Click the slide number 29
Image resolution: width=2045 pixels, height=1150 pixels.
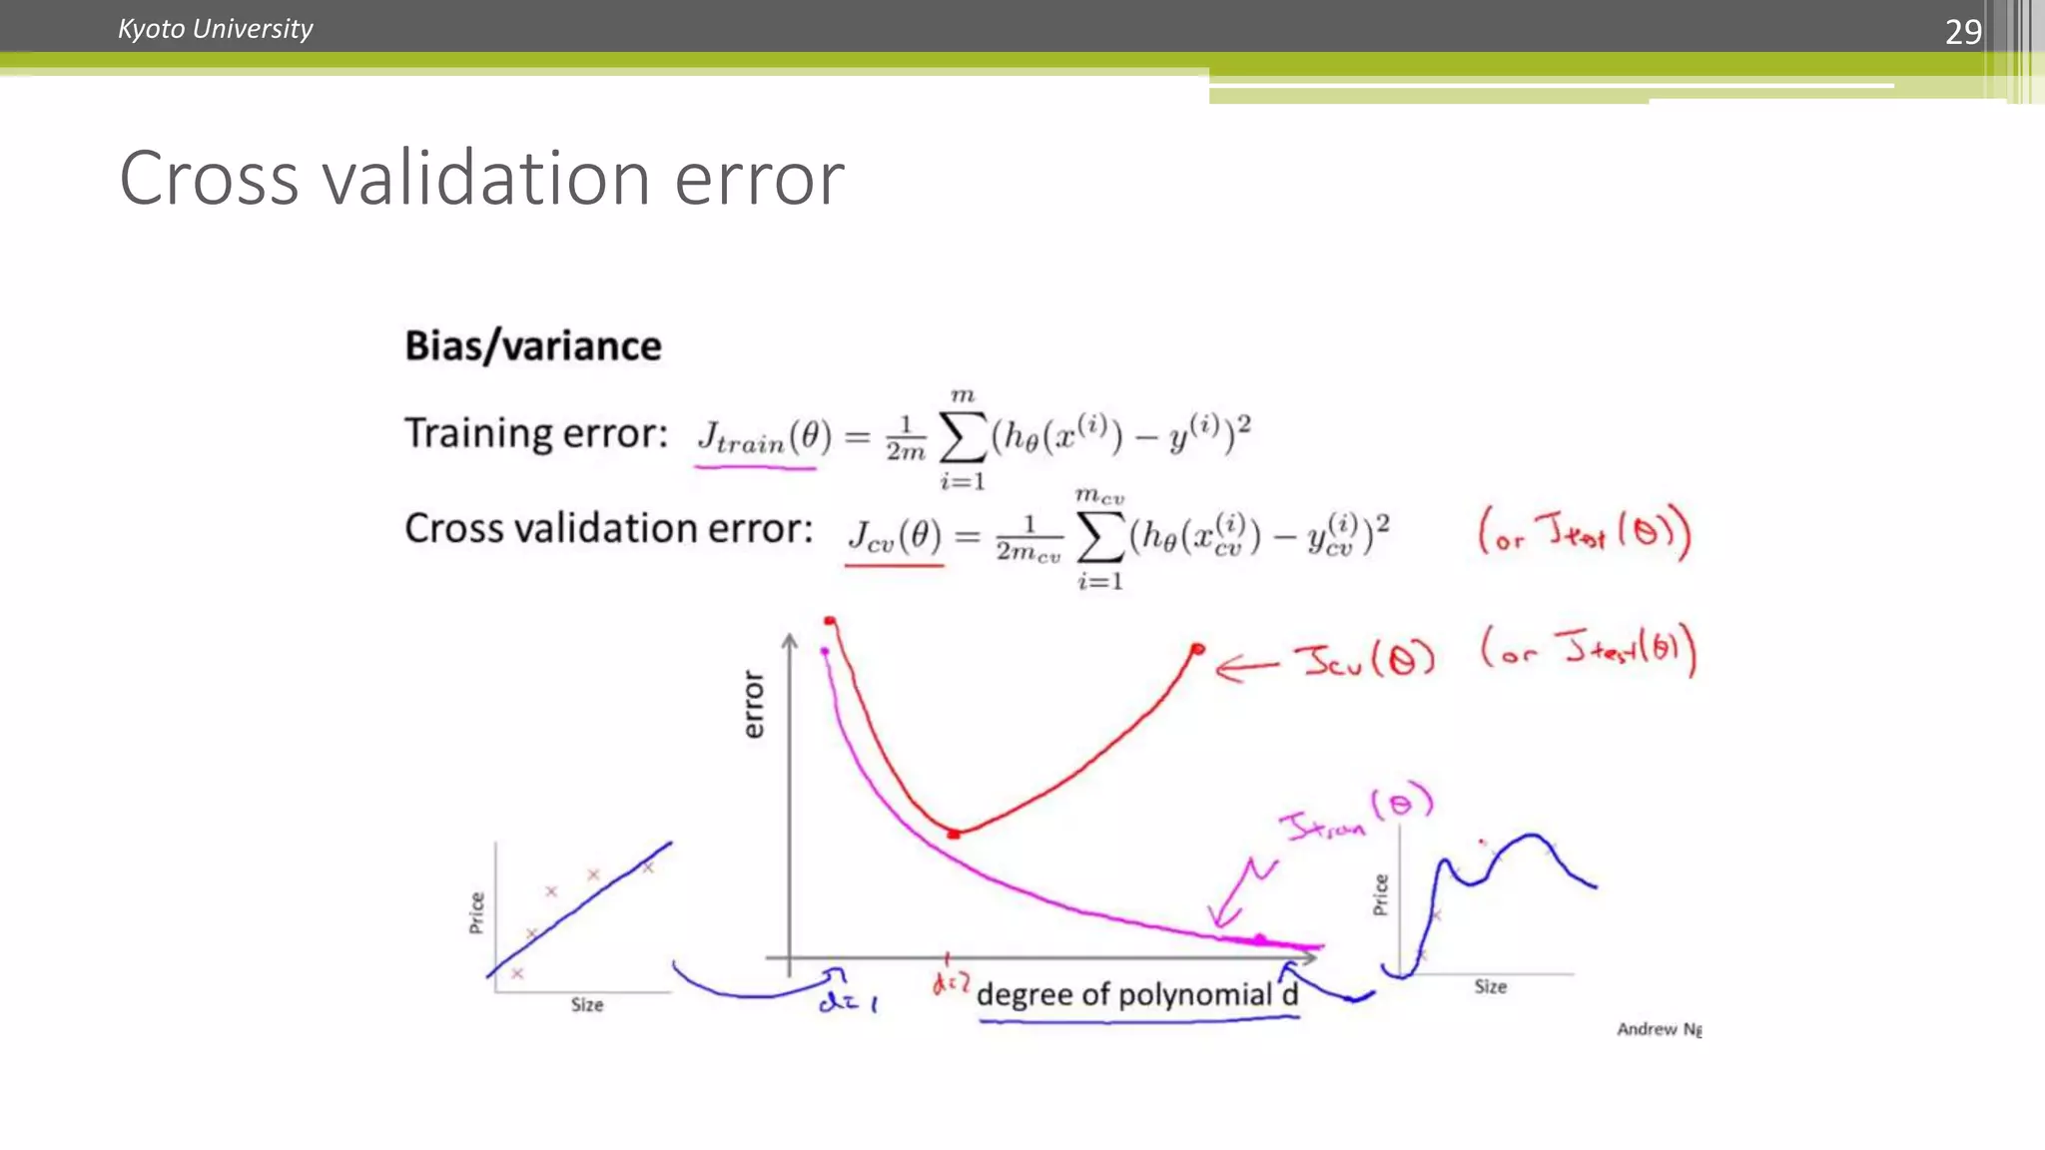point(1962,32)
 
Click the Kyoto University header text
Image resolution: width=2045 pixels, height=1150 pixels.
point(215,29)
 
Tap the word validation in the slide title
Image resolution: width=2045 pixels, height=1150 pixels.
point(486,179)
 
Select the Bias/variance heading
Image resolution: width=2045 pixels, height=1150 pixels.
point(532,345)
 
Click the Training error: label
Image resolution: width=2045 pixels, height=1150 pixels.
point(535,433)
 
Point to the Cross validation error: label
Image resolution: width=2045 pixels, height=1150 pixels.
point(608,528)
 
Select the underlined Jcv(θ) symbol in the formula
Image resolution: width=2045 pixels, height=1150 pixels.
point(894,537)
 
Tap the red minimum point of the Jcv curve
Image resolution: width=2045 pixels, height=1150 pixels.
point(954,833)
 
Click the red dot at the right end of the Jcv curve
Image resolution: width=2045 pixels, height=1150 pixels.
point(1197,650)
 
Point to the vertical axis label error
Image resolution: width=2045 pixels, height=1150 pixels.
point(754,704)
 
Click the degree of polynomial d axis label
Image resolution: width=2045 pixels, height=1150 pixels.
point(1136,994)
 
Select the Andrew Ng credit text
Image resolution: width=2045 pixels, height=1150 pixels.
point(1659,1028)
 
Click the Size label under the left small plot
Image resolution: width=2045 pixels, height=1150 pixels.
point(587,1004)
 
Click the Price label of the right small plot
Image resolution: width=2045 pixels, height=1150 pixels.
point(1381,893)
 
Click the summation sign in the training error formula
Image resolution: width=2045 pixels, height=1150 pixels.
point(963,436)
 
